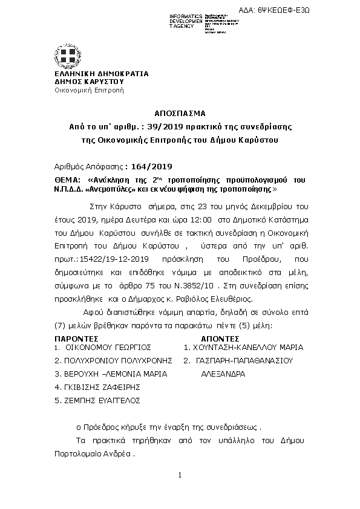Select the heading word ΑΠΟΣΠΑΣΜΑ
(180, 113)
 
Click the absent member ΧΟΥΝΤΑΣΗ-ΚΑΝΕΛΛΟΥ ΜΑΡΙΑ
(247, 348)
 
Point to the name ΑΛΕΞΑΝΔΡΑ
(223, 374)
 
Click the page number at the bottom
(180, 476)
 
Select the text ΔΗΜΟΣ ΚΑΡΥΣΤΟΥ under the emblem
(88, 82)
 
